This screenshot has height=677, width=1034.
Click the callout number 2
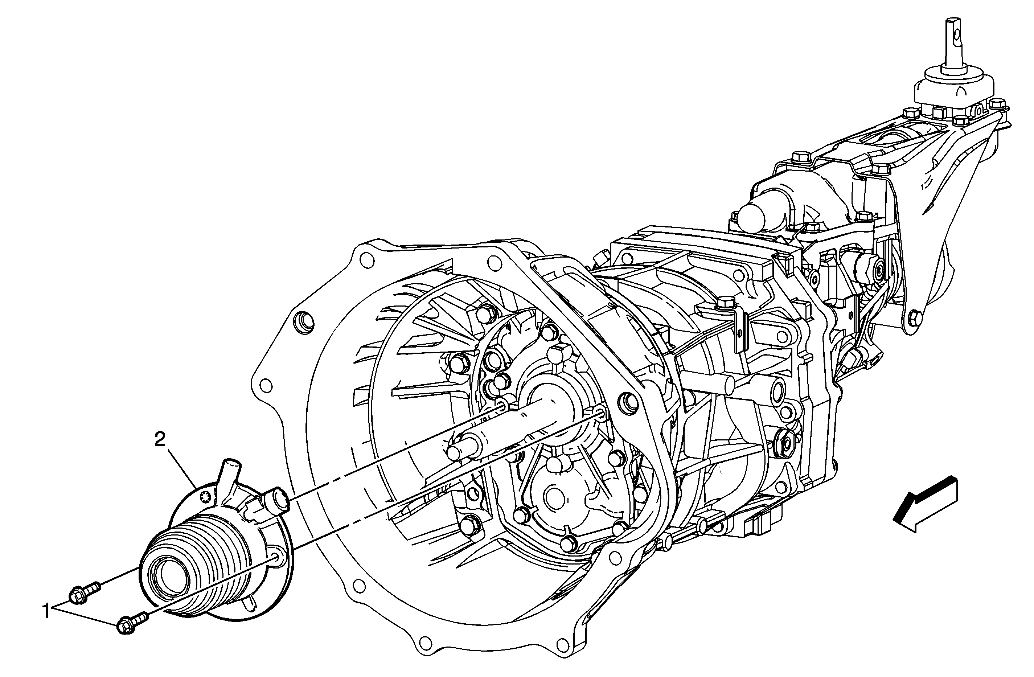(x=160, y=440)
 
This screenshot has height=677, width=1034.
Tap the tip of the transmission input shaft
(x=454, y=452)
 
